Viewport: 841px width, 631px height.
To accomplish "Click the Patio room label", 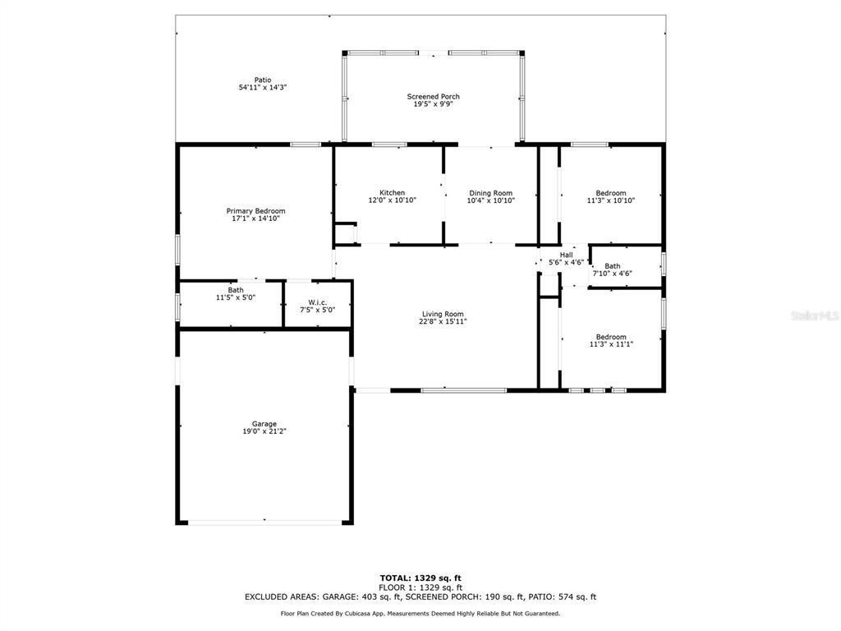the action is (263, 80).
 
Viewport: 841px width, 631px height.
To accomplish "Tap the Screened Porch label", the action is (434, 97).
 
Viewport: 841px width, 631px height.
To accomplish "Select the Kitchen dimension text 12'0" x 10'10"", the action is (392, 200).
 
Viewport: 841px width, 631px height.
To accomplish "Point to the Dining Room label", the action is (491, 193).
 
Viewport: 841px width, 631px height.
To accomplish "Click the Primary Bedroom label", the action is (256, 211).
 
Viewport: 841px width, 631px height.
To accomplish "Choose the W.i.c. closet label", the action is (318, 302).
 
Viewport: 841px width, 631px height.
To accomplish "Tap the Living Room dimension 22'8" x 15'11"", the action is (443, 321).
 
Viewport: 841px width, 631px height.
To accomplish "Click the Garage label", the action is (264, 424).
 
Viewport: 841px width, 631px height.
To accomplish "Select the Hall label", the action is (567, 255).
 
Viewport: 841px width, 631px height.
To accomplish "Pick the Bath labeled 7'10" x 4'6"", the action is (613, 269).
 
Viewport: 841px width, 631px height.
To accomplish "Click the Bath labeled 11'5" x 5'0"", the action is (236, 293).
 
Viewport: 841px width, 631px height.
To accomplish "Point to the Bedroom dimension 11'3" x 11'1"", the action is (611, 344).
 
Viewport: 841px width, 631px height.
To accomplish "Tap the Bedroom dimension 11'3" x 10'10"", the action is (611, 200).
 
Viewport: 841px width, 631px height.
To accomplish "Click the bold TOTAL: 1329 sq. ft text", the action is (420, 578).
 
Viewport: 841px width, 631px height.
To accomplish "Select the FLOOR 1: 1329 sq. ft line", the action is (420, 587).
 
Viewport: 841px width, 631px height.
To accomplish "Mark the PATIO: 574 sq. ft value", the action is (562, 596).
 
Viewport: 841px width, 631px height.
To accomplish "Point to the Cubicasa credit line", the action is (420, 613).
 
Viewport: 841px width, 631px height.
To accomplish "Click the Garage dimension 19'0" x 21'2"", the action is (264, 431).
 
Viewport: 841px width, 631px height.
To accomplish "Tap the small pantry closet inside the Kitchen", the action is (345, 233).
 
